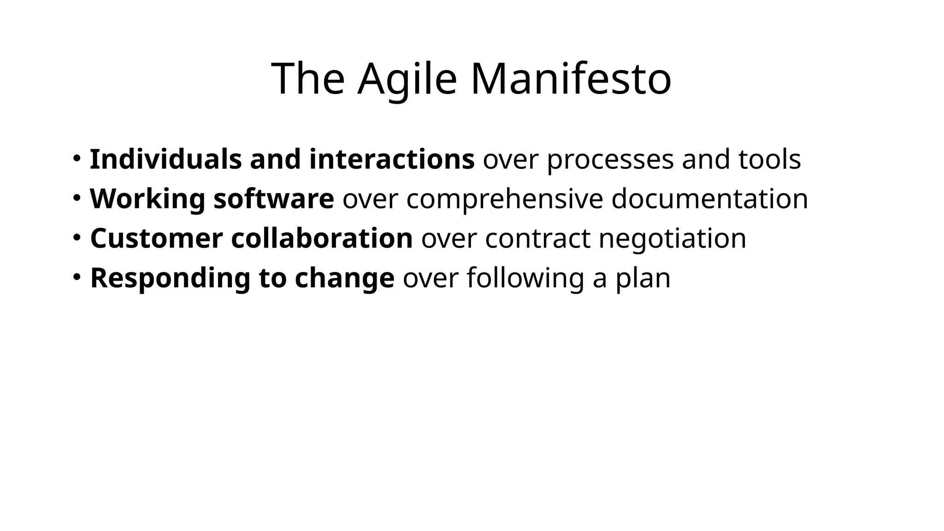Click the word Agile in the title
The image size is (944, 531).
(407, 79)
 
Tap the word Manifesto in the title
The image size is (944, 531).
(571, 79)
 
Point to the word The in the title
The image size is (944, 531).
(308, 79)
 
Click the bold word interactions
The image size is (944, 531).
(392, 159)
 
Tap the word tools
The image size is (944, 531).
(769, 159)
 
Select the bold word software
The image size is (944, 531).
(274, 199)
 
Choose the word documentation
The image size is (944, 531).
(709, 199)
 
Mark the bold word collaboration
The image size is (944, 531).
(322, 239)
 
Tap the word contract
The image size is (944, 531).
(537, 239)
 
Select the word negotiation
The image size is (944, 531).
(673, 239)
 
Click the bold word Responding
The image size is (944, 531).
(170, 278)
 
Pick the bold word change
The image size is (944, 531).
(344, 278)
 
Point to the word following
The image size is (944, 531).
(525, 278)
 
